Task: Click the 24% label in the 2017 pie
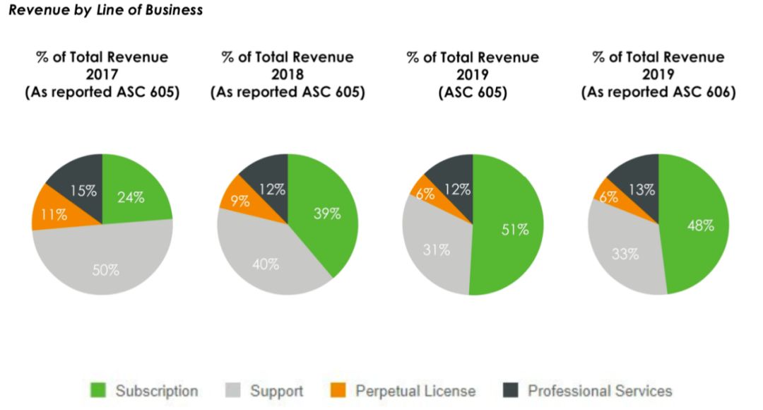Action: [131, 198]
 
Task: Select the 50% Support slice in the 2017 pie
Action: [105, 268]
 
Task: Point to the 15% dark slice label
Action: [83, 190]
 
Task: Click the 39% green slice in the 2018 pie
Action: [326, 213]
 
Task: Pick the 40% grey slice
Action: [266, 264]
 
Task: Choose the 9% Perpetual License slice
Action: [240, 201]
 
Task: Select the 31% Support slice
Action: [437, 249]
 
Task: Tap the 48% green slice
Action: [700, 225]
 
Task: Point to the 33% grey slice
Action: [625, 253]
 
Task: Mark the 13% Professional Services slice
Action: [642, 189]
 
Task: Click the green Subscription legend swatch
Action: [98, 390]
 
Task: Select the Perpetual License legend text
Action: [415, 391]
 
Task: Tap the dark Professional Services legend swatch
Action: [511, 390]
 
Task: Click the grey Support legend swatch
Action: [232, 390]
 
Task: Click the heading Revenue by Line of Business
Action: [106, 10]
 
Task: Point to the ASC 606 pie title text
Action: [658, 93]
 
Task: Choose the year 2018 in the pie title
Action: [288, 75]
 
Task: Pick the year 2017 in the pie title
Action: [102, 75]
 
